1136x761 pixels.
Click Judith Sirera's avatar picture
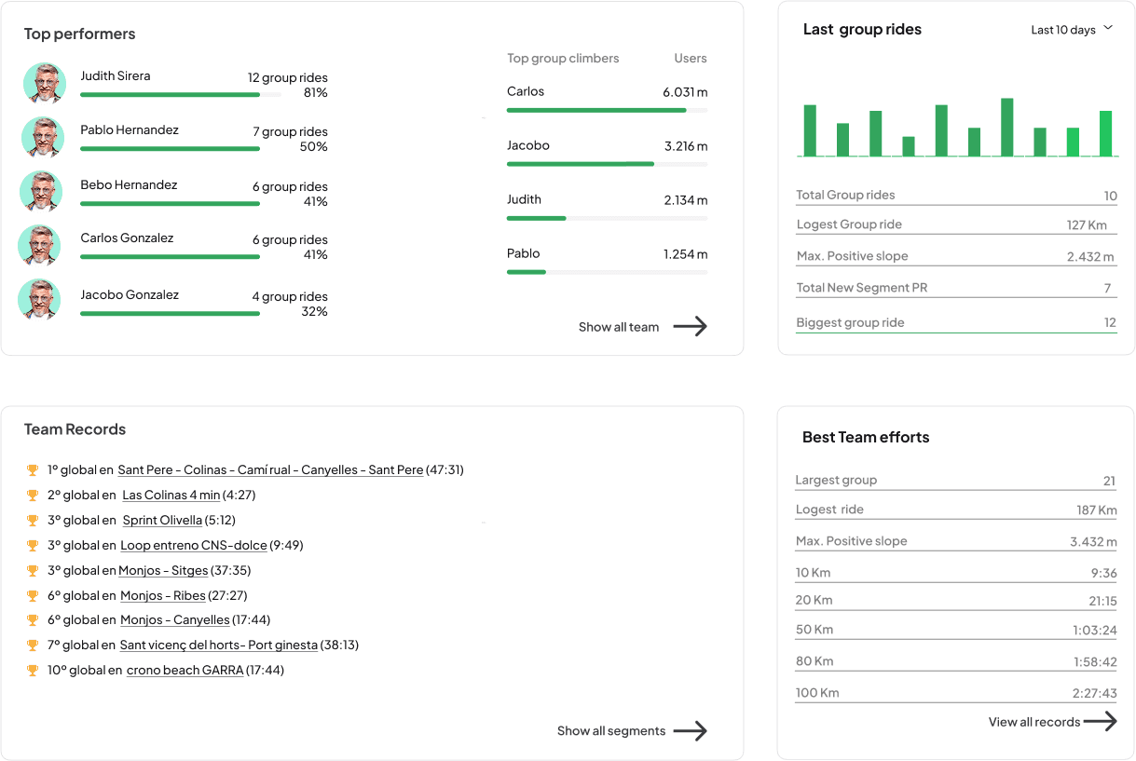(44, 84)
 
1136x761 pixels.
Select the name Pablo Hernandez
(130, 130)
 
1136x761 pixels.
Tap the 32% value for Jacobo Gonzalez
(315, 312)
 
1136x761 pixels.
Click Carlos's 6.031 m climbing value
(685, 92)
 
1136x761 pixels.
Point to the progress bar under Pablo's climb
(527, 272)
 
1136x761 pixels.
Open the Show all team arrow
(690, 326)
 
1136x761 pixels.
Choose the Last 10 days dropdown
(1072, 30)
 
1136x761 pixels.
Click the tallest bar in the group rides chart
(1006, 127)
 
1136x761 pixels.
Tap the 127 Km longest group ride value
(1087, 224)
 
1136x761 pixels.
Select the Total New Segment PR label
(862, 288)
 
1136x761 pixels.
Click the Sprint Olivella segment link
(162, 521)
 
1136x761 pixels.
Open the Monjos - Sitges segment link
(163, 571)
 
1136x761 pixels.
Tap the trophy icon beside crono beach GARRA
(33, 671)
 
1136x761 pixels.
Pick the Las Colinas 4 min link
(171, 496)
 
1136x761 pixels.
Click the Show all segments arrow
(690, 731)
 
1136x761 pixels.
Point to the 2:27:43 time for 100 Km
(1094, 693)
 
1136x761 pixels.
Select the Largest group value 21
(1109, 482)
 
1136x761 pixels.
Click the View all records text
(1033, 722)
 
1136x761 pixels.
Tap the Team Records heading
(75, 429)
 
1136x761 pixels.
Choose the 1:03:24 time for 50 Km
(1094, 631)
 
